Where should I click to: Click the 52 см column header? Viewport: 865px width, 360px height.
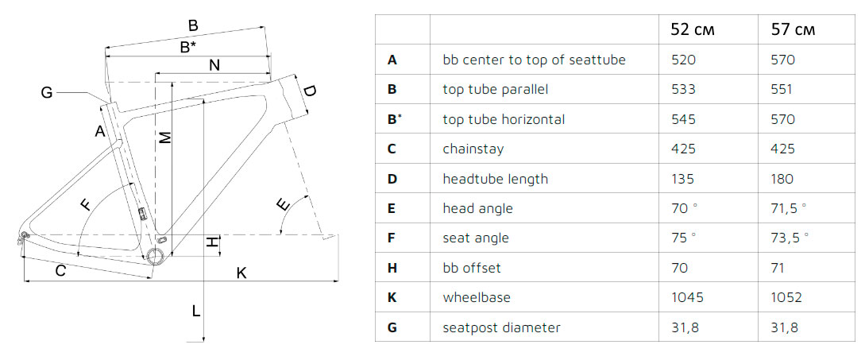pos(693,30)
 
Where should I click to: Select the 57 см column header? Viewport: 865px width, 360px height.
pos(794,30)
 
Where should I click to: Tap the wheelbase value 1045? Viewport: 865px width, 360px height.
pos(687,297)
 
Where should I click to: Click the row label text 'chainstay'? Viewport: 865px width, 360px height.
pos(473,149)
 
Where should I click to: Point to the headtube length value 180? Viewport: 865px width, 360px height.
pos(782,179)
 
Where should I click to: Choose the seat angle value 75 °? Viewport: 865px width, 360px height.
pos(683,238)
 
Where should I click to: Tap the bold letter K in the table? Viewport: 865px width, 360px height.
pos(392,297)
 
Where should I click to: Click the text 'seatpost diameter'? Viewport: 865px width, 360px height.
pos(501,327)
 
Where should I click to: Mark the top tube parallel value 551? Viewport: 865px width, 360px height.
pos(782,90)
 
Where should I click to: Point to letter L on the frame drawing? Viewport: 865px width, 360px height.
pos(195,312)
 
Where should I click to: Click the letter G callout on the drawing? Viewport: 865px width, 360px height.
pos(47,93)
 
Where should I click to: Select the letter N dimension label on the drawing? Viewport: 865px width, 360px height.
pos(214,66)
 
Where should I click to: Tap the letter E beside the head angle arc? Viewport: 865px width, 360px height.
pos(282,205)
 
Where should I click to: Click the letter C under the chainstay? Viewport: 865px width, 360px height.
pos(60,271)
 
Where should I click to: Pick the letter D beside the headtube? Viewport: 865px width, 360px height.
pos(309,92)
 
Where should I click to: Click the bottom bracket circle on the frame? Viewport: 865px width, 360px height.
pos(156,255)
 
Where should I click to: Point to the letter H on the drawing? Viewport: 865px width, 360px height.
pos(211,242)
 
